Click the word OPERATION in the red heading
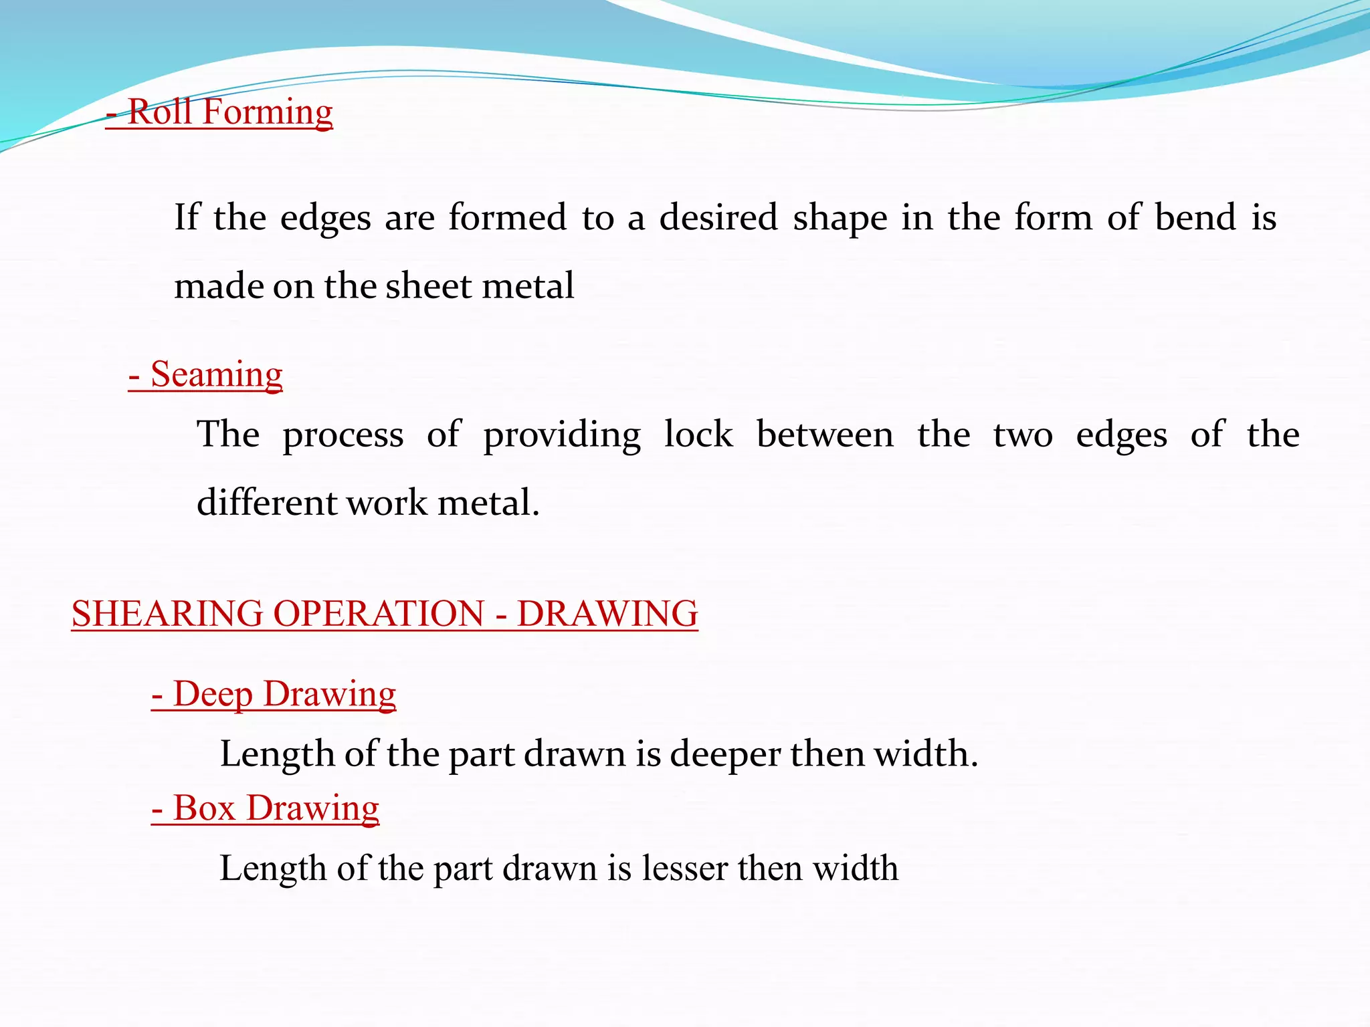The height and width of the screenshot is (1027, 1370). tap(379, 614)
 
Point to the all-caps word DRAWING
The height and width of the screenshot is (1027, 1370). tap(607, 614)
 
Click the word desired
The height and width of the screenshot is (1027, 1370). tap(718, 217)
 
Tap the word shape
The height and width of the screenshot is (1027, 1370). tap(840, 219)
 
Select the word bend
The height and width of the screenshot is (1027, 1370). tap(1195, 217)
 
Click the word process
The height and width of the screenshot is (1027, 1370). tap(342, 436)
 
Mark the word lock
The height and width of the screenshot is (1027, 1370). tap(698, 435)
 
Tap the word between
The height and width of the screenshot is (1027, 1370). tap(825, 435)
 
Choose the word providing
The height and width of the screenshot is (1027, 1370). tap(562, 436)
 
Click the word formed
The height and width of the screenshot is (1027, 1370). tap(507, 217)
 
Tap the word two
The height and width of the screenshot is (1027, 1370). tap(1023, 435)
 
